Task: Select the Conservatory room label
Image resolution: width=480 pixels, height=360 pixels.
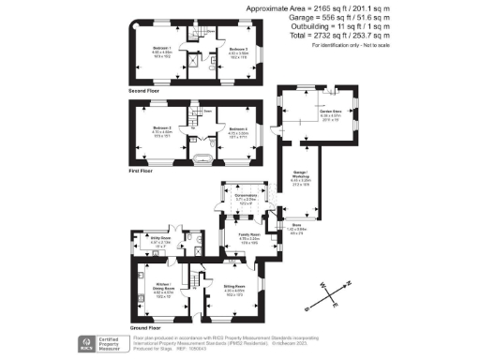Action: (x=246, y=196)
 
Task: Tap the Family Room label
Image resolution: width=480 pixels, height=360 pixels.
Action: (x=247, y=238)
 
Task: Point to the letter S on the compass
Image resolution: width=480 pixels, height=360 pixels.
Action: (x=310, y=304)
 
